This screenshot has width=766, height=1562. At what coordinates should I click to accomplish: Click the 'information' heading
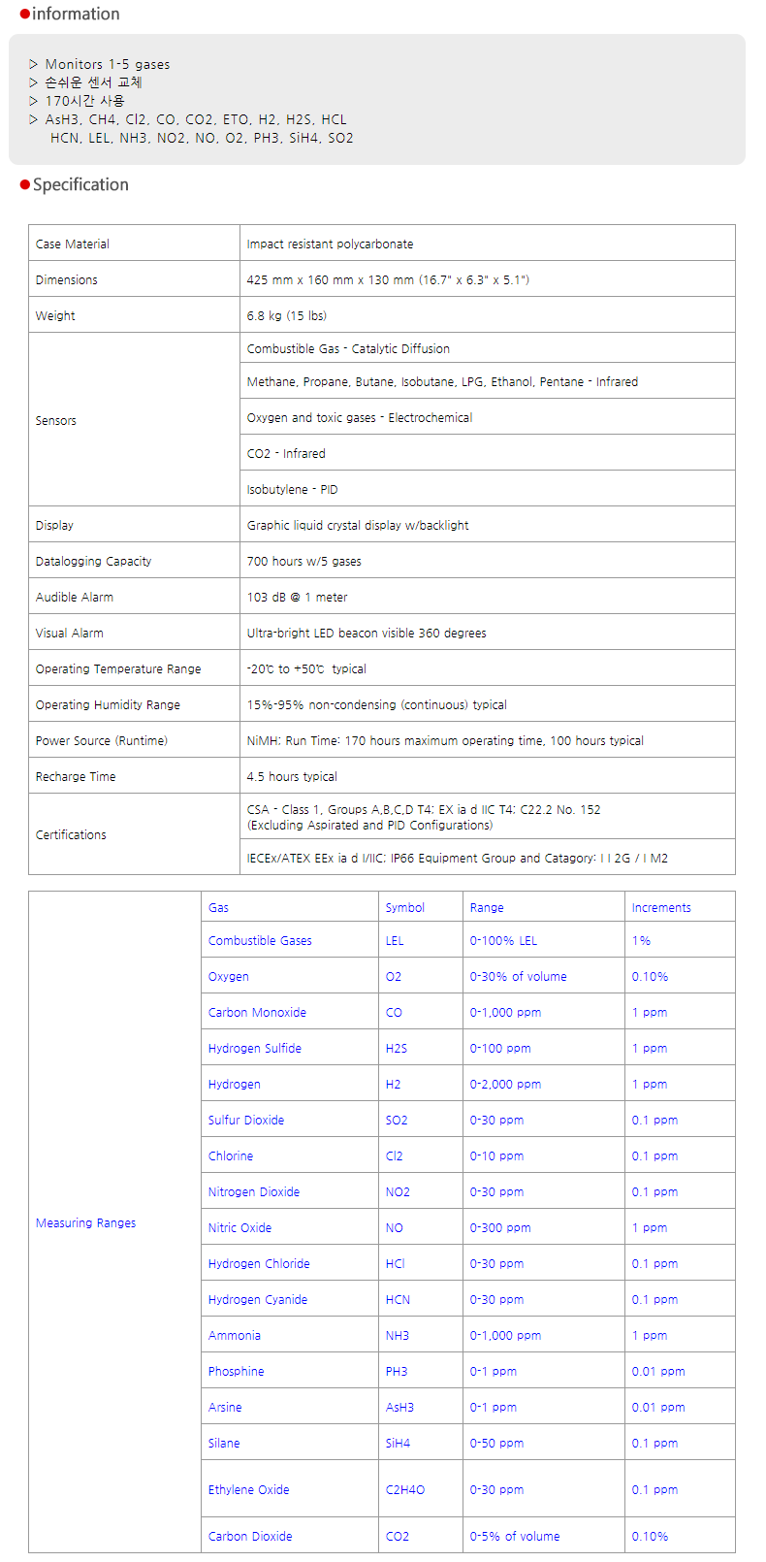pyautogui.click(x=76, y=14)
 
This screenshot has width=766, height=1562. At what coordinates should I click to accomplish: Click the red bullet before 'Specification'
pyautogui.click(x=25, y=185)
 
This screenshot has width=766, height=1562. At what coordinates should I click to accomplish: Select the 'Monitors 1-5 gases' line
pyautogui.click(x=107, y=64)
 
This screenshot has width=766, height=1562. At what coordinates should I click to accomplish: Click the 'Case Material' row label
pyautogui.click(x=73, y=244)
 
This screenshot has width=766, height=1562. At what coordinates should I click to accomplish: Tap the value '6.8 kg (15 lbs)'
pyautogui.click(x=286, y=315)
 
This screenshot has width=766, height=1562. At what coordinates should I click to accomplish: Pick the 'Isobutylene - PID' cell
pyautogui.click(x=292, y=489)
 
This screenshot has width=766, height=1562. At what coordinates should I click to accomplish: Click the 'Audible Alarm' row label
pyautogui.click(x=75, y=597)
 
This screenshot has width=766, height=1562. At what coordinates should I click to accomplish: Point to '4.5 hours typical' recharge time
pyautogui.click(x=292, y=776)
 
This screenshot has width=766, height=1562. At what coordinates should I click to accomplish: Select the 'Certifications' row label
pyautogui.click(x=71, y=834)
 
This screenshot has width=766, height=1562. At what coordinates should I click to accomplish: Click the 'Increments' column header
pyautogui.click(x=661, y=907)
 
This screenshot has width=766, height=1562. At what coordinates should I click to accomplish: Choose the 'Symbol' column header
pyautogui.click(x=404, y=907)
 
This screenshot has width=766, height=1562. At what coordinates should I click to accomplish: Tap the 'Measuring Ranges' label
pyautogui.click(x=85, y=1222)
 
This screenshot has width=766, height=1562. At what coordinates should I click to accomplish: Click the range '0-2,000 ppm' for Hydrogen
pyautogui.click(x=505, y=1084)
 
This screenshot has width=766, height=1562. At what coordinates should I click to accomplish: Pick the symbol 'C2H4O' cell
pyautogui.click(x=404, y=1489)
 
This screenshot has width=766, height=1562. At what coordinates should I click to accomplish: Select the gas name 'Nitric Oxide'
pyautogui.click(x=239, y=1227)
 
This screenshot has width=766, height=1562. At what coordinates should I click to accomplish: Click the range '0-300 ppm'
pyautogui.click(x=499, y=1227)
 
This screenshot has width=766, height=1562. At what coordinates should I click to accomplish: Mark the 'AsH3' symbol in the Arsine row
pyautogui.click(x=399, y=1407)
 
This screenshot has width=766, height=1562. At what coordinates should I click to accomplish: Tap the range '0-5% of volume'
pyautogui.click(x=514, y=1536)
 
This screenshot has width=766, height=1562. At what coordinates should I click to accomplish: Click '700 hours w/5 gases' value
pyautogui.click(x=303, y=561)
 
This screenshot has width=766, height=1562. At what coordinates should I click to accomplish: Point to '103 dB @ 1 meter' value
pyautogui.click(x=297, y=597)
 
